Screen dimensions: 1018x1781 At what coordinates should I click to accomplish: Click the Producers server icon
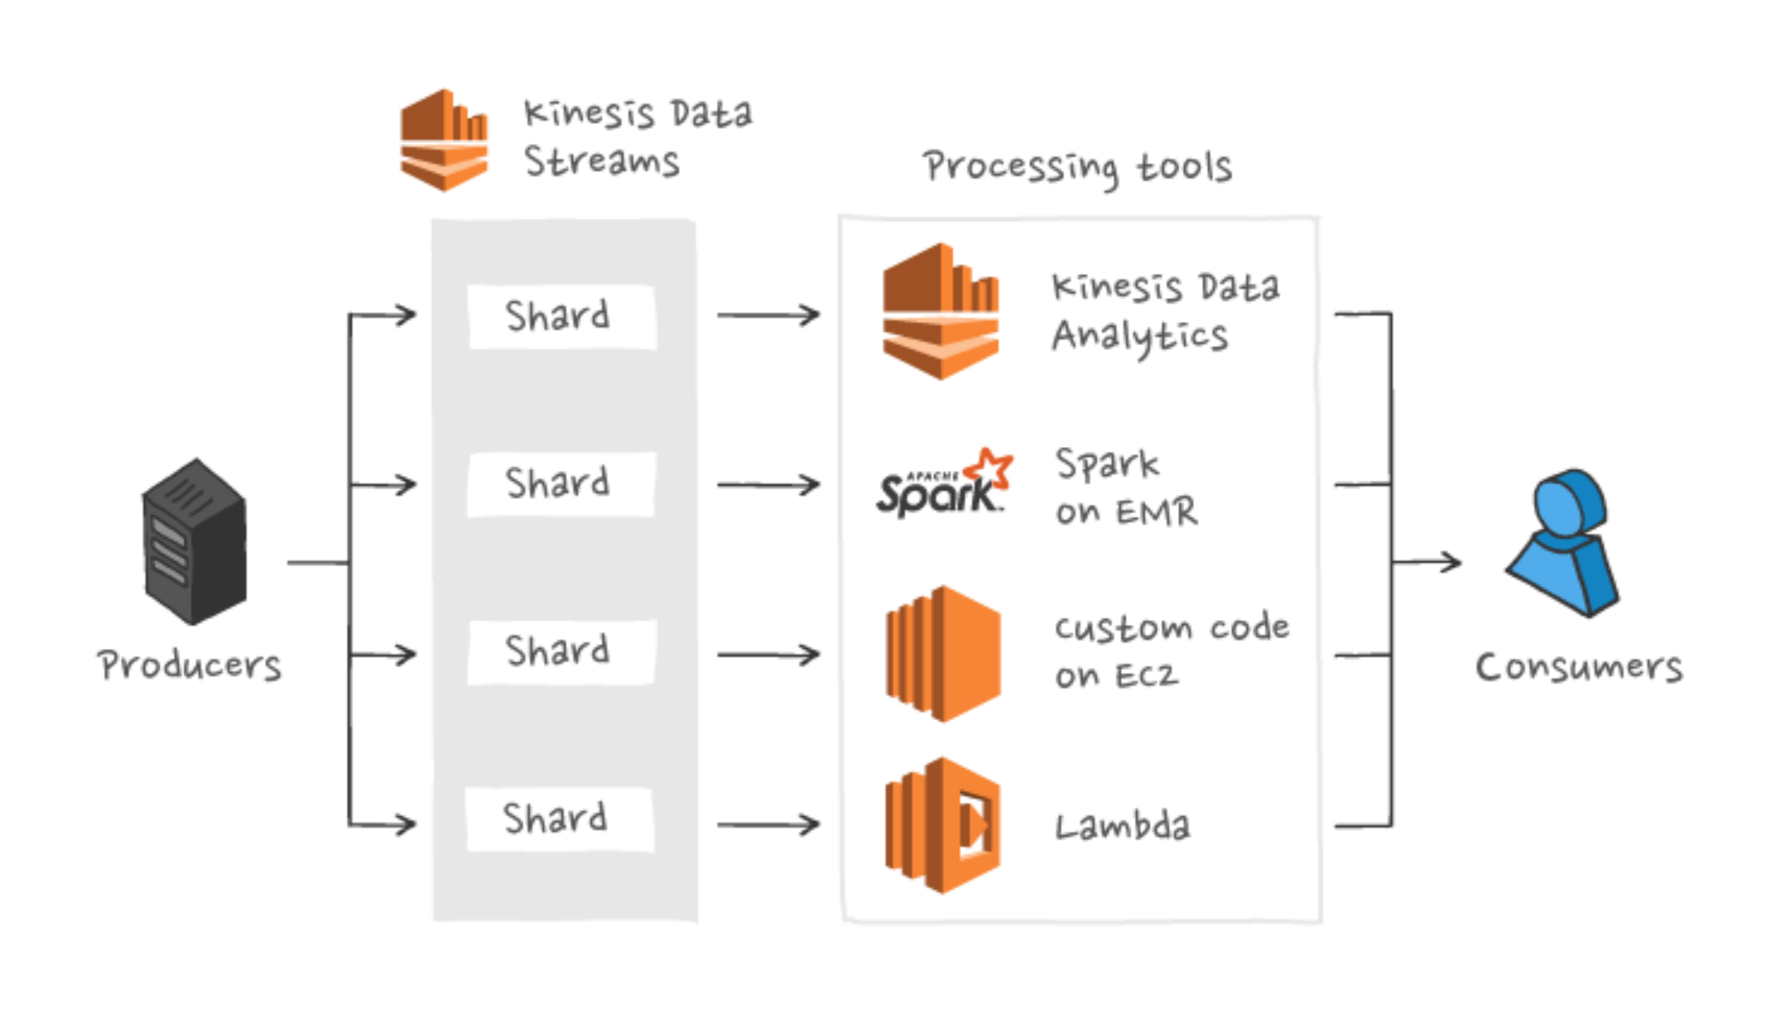(x=194, y=541)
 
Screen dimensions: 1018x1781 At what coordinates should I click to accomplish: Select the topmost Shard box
(x=561, y=316)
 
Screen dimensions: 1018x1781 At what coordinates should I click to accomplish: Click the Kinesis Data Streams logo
(x=444, y=140)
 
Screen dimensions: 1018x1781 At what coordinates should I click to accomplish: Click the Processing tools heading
(x=1076, y=167)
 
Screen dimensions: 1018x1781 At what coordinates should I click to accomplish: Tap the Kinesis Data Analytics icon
(x=941, y=311)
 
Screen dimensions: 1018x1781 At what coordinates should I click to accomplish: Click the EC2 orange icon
(x=942, y=654)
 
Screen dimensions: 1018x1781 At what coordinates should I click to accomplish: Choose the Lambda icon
(x=942, y=825)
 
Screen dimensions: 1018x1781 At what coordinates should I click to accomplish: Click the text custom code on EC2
(x=1171, y=651)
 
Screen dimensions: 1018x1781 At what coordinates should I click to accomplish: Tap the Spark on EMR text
(x=1125, y=487)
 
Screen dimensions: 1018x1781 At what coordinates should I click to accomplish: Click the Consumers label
(x=1579, y=667)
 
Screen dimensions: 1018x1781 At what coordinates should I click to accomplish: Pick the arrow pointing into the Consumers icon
(x=1427, y=561)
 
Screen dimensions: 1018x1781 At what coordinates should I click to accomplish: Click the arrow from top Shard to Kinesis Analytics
(x=768, y=315)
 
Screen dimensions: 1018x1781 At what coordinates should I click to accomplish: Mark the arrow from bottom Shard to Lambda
(x=768, y=824)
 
